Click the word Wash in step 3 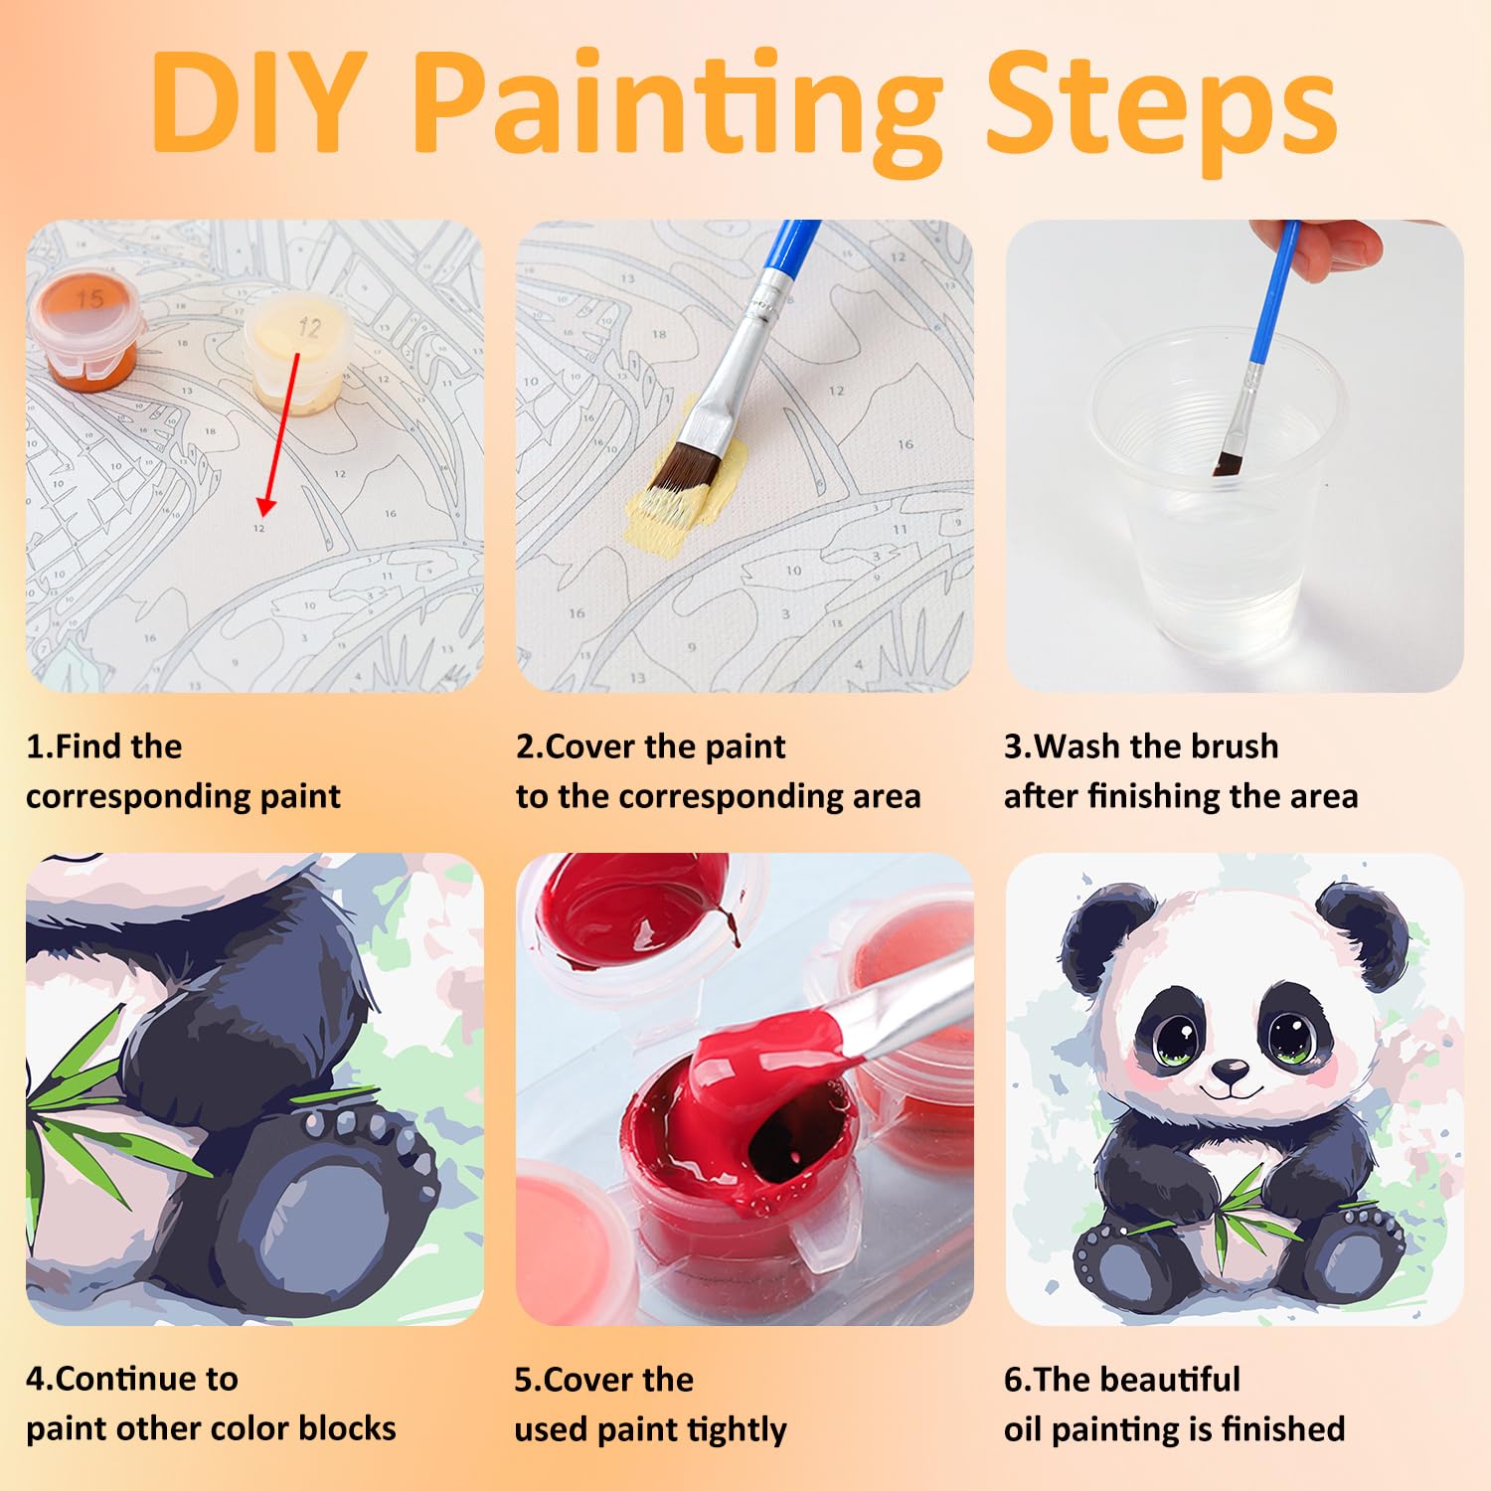[x=1077, y=746]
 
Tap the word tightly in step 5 [x=737, y=1430]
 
